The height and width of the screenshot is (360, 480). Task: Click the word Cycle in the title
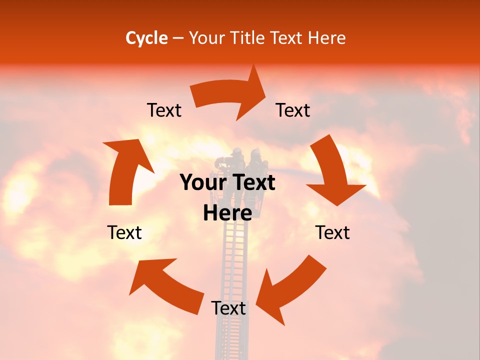[x=146, y=38]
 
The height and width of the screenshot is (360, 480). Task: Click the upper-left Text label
[x=164, y=110]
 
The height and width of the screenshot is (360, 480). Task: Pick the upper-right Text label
[x=293, y=110]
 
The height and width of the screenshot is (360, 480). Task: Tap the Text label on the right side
[x=332, y=232]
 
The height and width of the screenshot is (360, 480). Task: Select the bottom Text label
[x=228, y=308]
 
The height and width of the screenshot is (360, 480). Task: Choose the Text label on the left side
[x=124, y=232]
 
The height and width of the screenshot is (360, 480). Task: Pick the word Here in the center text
[x=227, y=213]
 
